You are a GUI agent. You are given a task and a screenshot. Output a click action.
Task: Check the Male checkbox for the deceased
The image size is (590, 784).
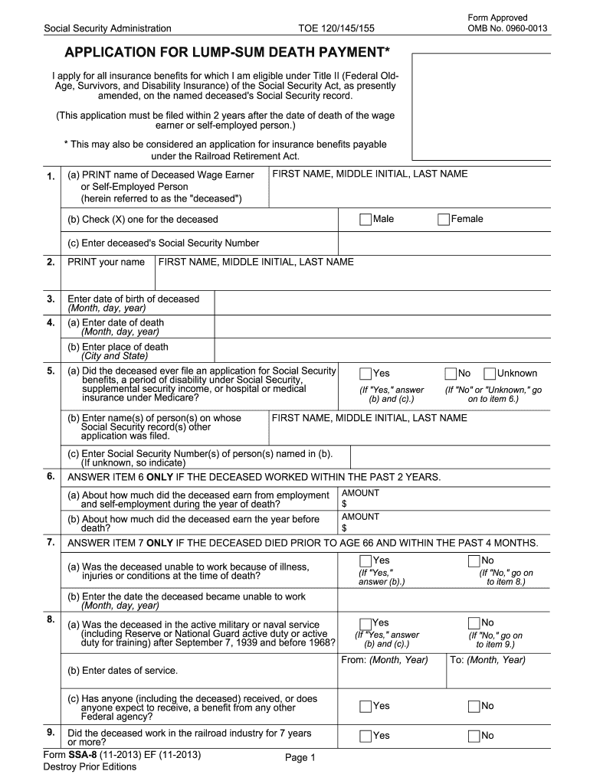[365, 220]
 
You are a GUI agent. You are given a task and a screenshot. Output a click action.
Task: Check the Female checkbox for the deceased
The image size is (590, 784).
[443, 220]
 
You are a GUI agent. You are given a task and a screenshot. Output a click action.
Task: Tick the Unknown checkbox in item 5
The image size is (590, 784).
[490, 374]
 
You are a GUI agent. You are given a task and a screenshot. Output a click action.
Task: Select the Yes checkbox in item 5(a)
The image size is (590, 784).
[365, 374]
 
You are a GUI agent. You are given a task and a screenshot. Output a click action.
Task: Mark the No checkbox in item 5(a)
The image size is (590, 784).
[450, 374]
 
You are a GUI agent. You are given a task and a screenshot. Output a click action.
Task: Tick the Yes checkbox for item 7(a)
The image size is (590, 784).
[365, 561]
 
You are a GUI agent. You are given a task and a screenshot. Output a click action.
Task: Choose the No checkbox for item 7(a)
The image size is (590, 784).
[474, 561]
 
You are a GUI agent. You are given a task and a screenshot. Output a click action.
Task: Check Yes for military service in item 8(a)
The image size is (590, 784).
[365, 623]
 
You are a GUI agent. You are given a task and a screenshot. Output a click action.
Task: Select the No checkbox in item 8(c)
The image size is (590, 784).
[474, 706]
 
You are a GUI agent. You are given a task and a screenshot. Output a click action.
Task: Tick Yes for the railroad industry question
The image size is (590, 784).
[365, 736]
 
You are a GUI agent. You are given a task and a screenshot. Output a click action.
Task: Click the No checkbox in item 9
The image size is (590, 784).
[474, 736]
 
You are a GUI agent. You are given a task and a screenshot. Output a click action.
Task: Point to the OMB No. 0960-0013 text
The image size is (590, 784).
[507, 29]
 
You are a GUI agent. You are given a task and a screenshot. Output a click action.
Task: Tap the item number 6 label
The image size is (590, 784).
[50, 476]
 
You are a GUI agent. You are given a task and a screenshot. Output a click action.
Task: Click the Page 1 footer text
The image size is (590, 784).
[300, 758]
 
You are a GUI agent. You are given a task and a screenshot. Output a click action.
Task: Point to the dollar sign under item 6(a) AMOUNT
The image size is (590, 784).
[344, 504]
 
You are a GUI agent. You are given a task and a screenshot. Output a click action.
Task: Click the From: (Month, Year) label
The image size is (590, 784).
[385, 660]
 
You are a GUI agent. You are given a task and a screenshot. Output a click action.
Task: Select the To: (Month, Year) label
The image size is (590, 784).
[487, 660]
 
